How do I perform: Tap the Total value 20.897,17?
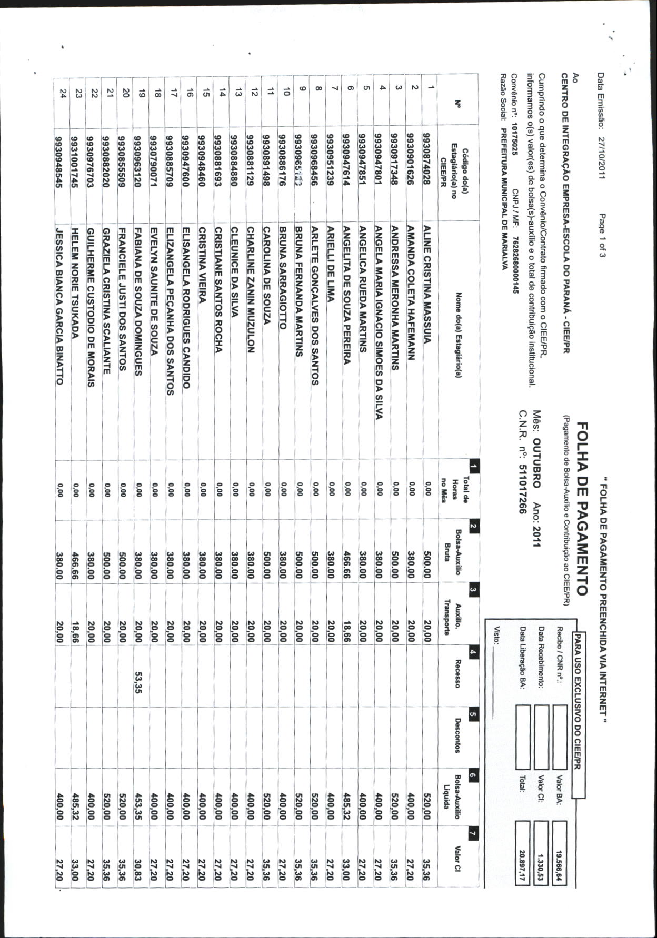[x=522, y=852]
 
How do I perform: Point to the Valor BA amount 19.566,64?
[x=560, y=852]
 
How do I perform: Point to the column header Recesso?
[x=457, y=673]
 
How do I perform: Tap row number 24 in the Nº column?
[x=63, y=94]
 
